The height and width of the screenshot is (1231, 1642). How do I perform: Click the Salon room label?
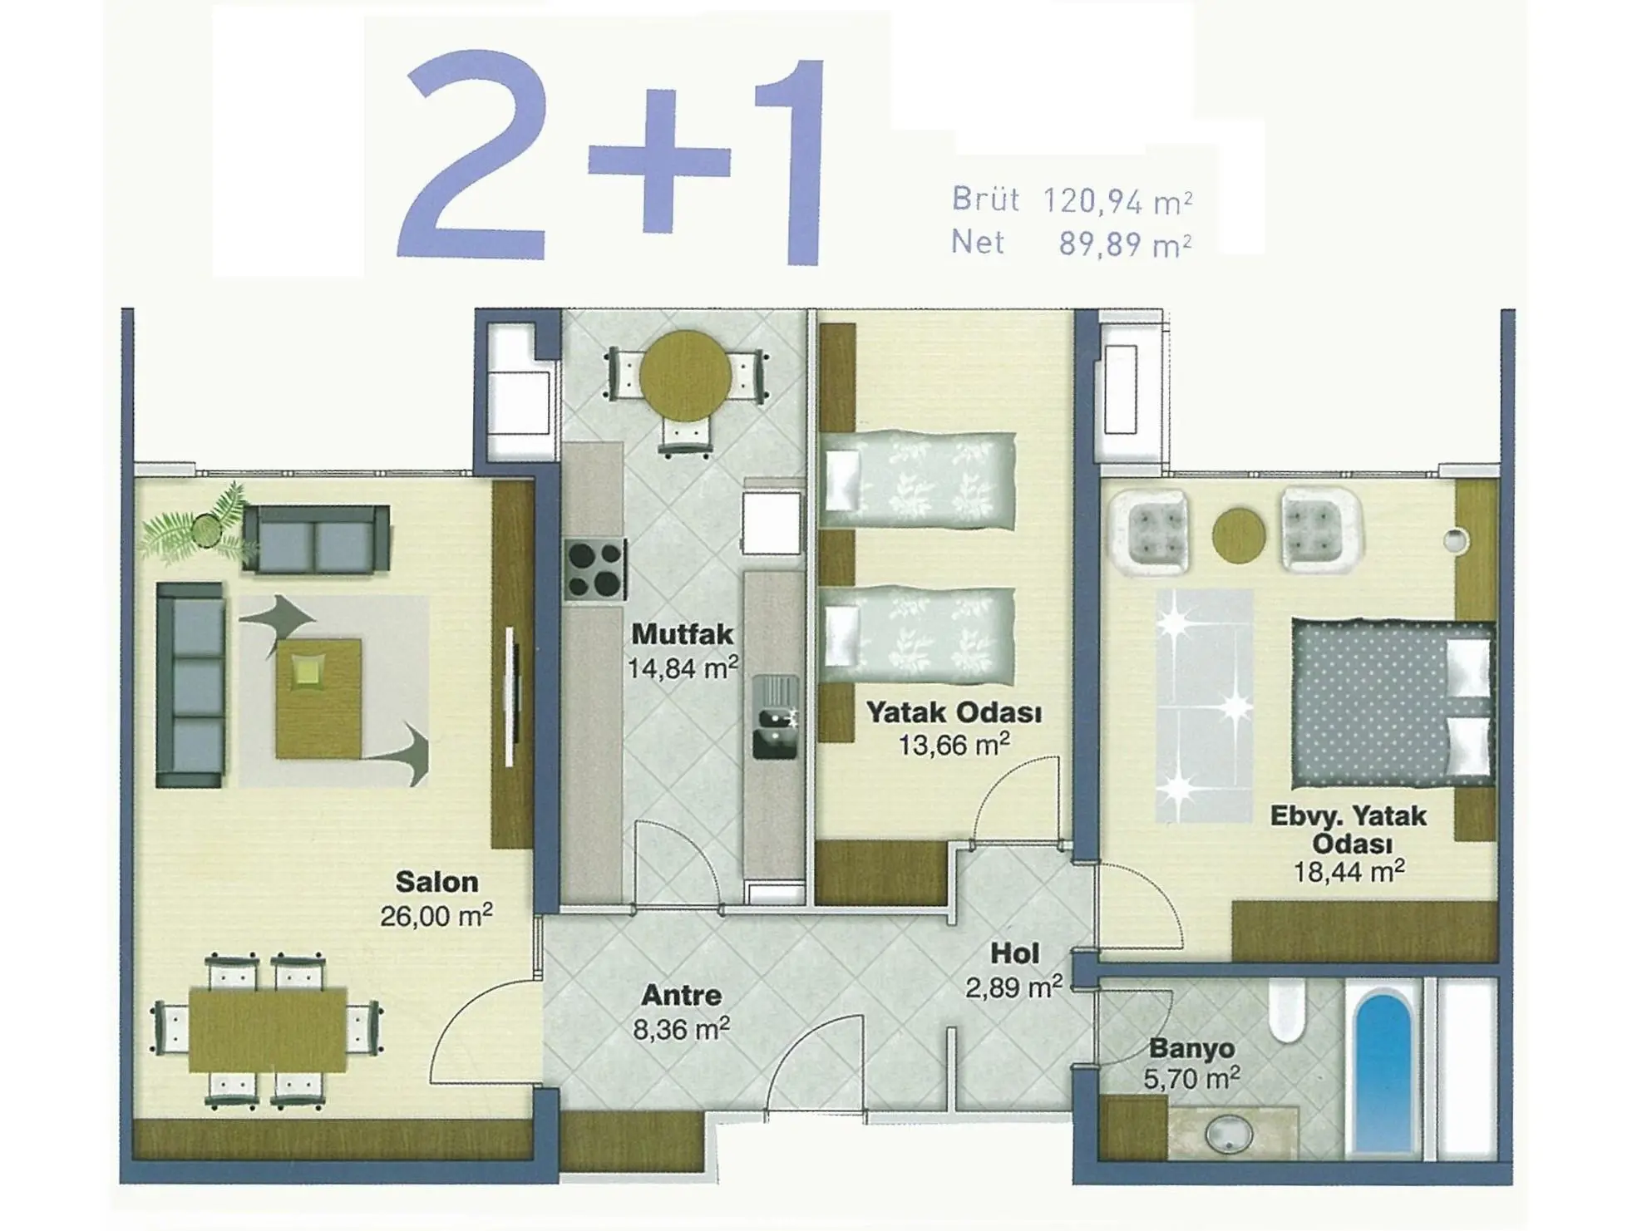point(436,881)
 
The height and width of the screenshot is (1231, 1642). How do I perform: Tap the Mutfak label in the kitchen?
point(683,634)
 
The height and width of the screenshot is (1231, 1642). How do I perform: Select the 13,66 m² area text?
point(954,745)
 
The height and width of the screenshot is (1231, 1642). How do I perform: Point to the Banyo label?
point(1191,1048)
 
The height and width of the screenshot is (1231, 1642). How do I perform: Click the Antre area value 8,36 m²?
point(682,1030)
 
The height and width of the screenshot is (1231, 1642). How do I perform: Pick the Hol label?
point(1014,953)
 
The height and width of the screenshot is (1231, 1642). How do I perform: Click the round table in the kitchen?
point(685,377)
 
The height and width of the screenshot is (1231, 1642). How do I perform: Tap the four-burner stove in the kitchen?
point(594,569)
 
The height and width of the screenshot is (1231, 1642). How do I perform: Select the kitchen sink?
point(775,716)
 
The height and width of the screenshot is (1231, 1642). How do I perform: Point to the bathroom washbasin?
point(1229,1133)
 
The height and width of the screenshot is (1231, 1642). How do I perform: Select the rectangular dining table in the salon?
point(268,1030)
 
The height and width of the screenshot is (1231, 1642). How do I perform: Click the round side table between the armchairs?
point(1239,535)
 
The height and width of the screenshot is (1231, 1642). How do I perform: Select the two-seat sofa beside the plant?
point(316,539)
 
